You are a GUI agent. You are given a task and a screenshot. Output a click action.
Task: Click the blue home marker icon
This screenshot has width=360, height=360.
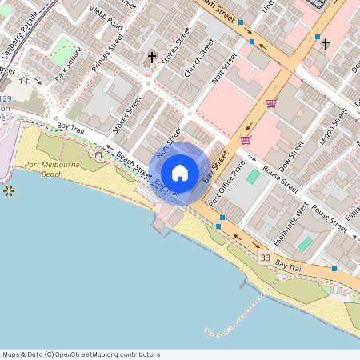[x=180, y=172]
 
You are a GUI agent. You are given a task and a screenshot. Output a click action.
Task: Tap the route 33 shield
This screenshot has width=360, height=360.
[x=266, y=257]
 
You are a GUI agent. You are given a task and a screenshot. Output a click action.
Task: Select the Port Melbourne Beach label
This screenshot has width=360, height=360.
[x=51, y=169]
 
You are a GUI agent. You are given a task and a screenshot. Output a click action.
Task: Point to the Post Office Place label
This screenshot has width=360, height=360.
[x=226, y=183]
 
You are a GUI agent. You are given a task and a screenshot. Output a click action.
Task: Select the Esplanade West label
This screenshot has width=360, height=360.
[x=292, y=219]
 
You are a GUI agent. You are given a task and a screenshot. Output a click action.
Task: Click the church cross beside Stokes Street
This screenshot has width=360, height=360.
[x=152, y=57]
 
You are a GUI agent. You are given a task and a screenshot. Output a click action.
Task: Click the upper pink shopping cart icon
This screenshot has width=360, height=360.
[x=271, y=103]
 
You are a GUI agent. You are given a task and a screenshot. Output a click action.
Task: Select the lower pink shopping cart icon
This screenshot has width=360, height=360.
[x=246, y=140]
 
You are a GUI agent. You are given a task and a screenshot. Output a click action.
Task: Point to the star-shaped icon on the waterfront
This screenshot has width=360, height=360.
[x=9, y=190]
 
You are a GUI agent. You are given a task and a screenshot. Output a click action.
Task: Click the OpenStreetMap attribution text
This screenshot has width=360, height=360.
[x=81, y=354]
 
